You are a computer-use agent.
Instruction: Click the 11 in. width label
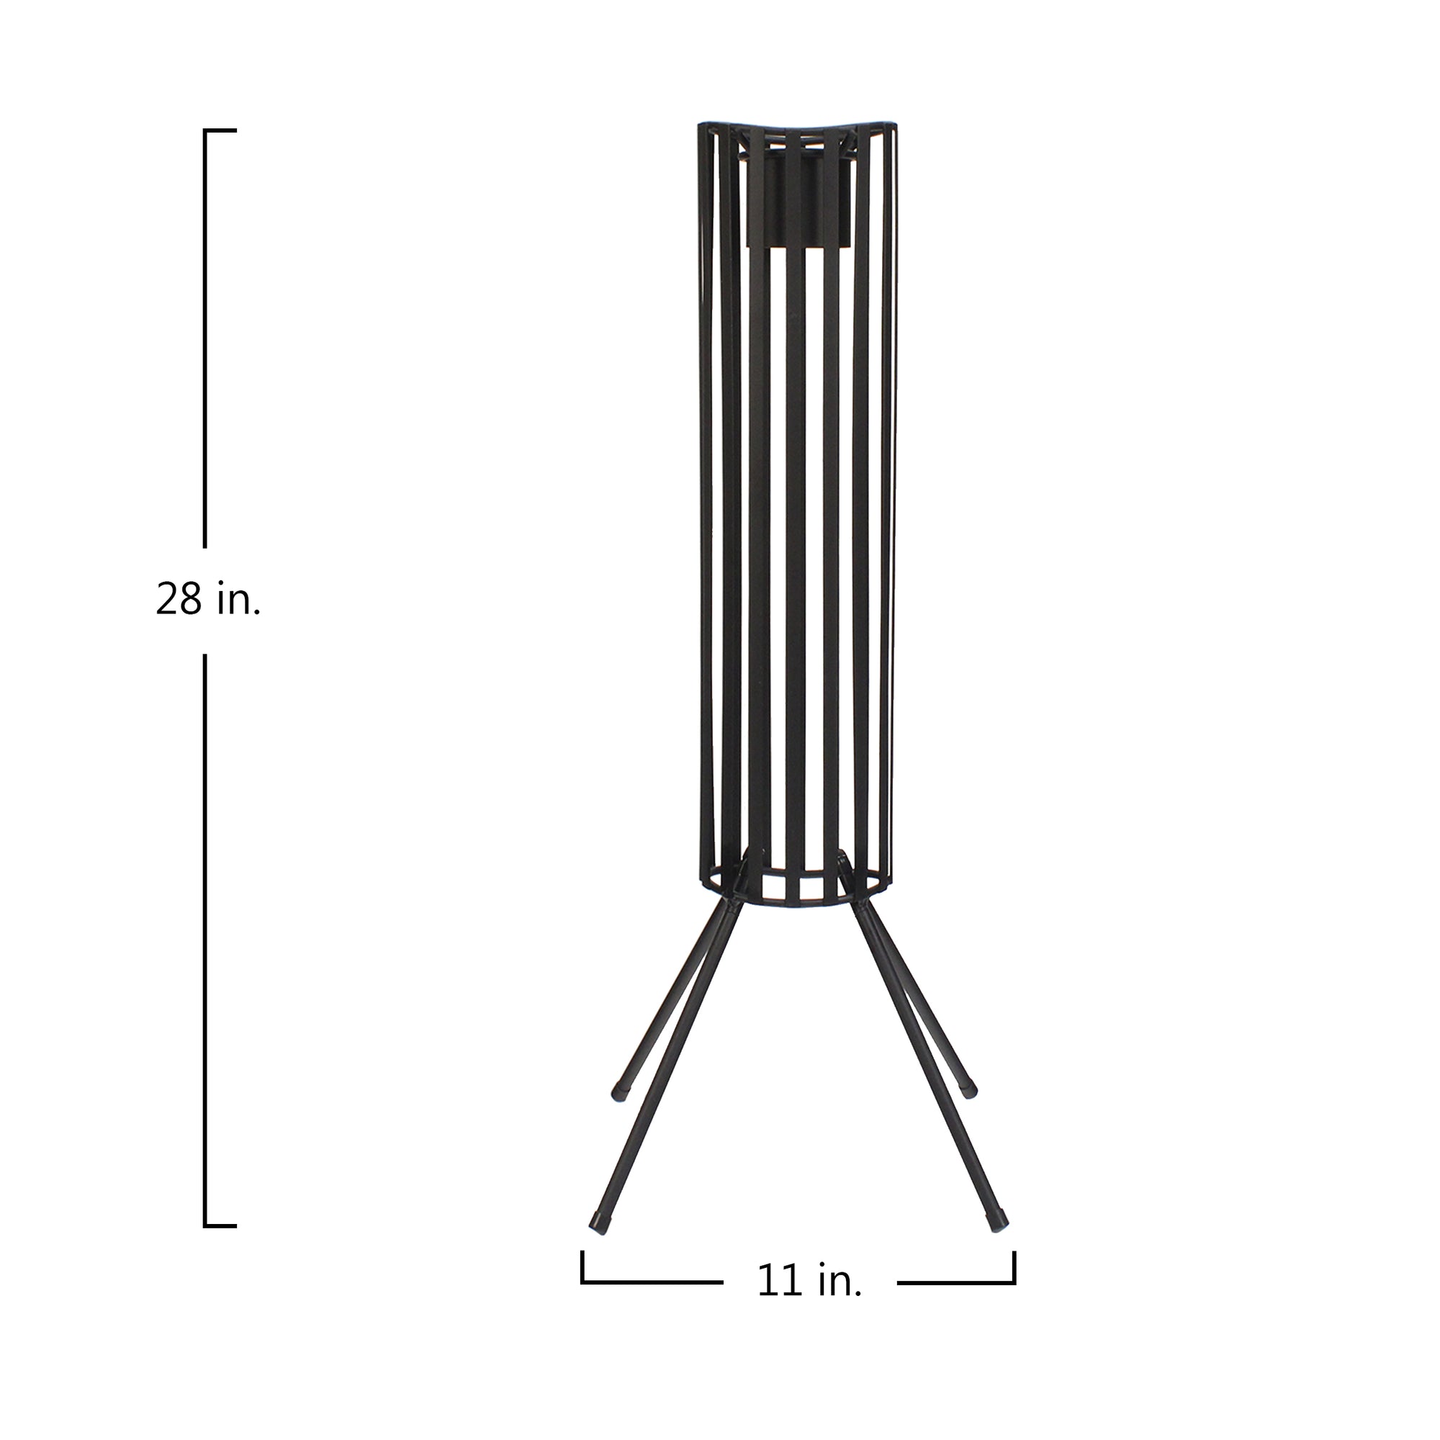[x=809, y=1282]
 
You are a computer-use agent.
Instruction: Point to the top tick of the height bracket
[x=220, y=130]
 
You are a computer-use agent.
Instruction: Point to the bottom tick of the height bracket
[x=220, y=1225]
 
